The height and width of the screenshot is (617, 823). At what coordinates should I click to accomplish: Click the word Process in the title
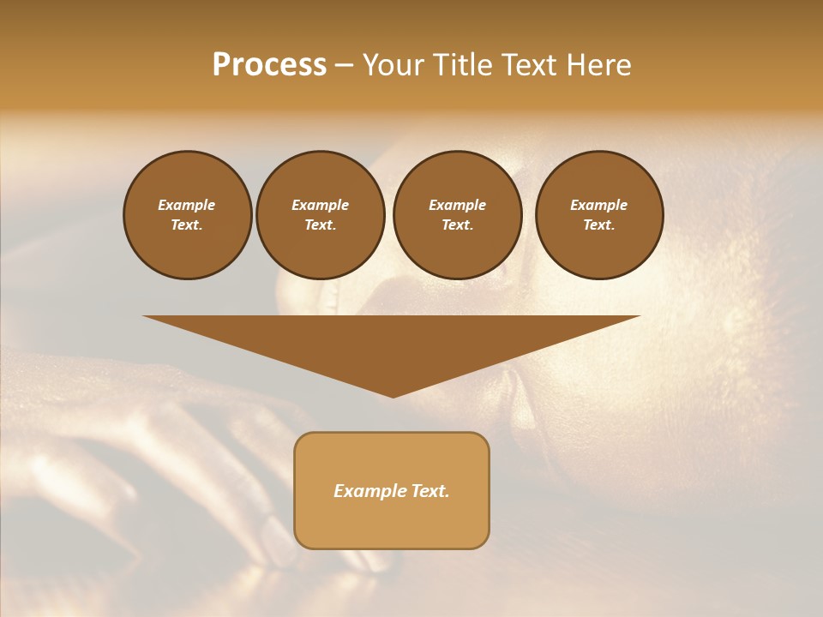point(269,65)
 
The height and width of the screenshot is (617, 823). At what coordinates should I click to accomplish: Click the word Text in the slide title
point(529,65)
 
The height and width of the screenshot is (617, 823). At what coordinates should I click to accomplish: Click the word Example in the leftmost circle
point(187,205)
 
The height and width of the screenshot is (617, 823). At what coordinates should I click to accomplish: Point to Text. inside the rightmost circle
point(599,225)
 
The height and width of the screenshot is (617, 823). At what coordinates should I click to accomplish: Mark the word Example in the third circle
point(457,205)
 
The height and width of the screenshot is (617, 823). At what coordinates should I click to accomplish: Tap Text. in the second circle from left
point(320,225)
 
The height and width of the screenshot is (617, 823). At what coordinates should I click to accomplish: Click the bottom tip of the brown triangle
point(393,395)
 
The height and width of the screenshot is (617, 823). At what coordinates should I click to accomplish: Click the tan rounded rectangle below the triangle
point(392,523)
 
